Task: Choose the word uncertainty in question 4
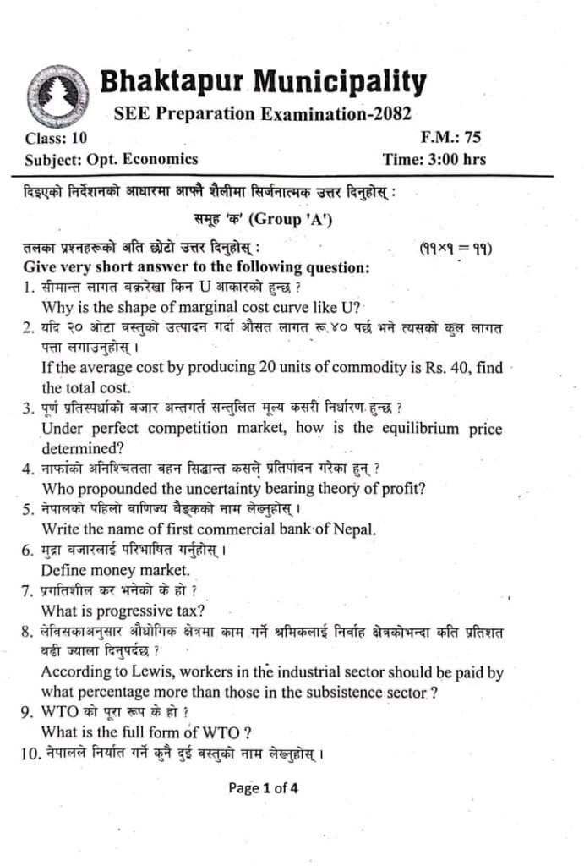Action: pyautogui.click(x=193, y=488)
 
